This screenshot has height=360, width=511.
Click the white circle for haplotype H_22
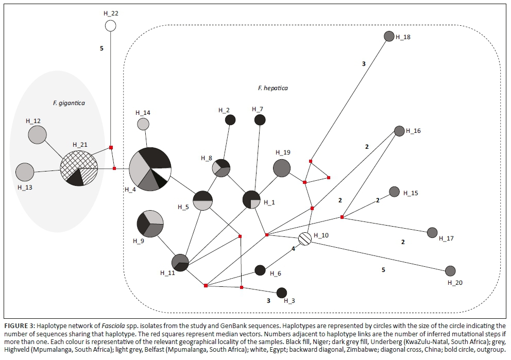tap(110, 25)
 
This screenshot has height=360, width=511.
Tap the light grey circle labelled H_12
tap(37, 134)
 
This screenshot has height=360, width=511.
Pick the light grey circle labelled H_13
tap(25, 172)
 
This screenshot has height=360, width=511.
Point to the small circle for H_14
tap(143, 124)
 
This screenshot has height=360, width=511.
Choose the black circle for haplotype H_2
tap(230, 120)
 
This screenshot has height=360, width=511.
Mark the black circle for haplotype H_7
tap(260, 120)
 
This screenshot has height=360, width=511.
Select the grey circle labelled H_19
tap(281, 168)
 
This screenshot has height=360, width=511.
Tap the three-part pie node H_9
tap(150, 224)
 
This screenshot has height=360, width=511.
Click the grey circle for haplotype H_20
tap(450, 271)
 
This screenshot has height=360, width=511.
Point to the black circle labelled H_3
tap(281, 293)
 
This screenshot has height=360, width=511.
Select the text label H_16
tap(413, 131)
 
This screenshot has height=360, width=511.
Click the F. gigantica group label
tap(69, 103)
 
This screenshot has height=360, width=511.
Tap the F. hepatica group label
tap(272, 88)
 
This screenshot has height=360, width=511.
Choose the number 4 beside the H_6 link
tap(294, 249)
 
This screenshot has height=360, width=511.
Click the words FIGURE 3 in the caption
tap(19, 326)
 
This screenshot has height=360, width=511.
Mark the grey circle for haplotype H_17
tap(432, 233)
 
